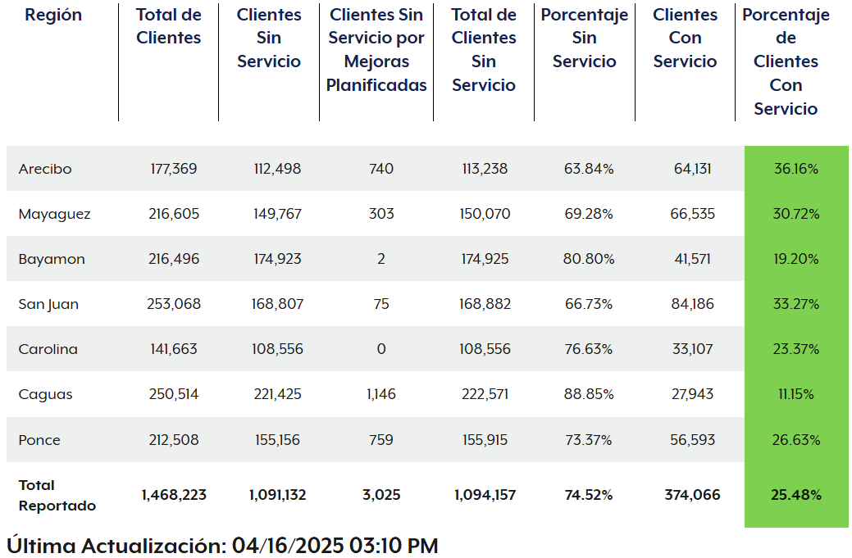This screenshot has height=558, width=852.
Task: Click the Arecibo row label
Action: tap(45, 169)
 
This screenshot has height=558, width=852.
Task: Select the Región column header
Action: tap(53, 15)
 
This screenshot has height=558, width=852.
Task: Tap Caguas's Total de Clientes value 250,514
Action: tap(174, 394)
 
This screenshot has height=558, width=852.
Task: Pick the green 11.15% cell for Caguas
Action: tap(795, 394)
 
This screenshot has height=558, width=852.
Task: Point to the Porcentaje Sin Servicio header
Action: tap(585, 38)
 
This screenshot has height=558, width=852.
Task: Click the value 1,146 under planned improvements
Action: tap(380, 394)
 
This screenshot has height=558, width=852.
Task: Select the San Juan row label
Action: tap(48, 304)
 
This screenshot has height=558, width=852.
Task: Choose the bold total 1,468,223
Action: tap(174, 495)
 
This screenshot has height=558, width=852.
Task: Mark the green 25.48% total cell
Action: tap(795, 495)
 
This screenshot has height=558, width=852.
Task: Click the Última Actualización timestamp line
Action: tap(222, 546)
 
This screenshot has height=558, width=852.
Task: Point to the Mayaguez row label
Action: tap(54, 214)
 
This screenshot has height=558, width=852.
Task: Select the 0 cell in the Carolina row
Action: tap(380, 349)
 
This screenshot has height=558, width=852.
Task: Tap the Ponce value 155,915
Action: tap(484, 440)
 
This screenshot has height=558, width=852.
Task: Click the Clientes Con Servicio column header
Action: tap(685, 38)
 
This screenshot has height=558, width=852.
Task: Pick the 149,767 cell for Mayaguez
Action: tap(277, 214)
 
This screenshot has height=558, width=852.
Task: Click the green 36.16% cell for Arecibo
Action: tap(795, 169)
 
